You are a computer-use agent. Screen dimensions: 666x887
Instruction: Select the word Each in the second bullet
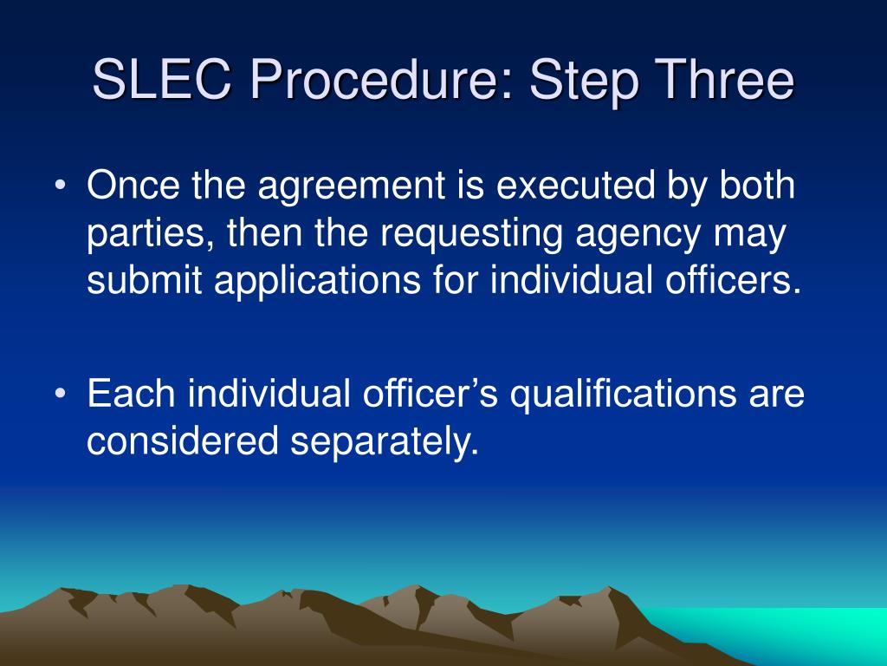tap(131, 395)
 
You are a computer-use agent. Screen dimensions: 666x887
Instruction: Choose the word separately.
tap(385, 442)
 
